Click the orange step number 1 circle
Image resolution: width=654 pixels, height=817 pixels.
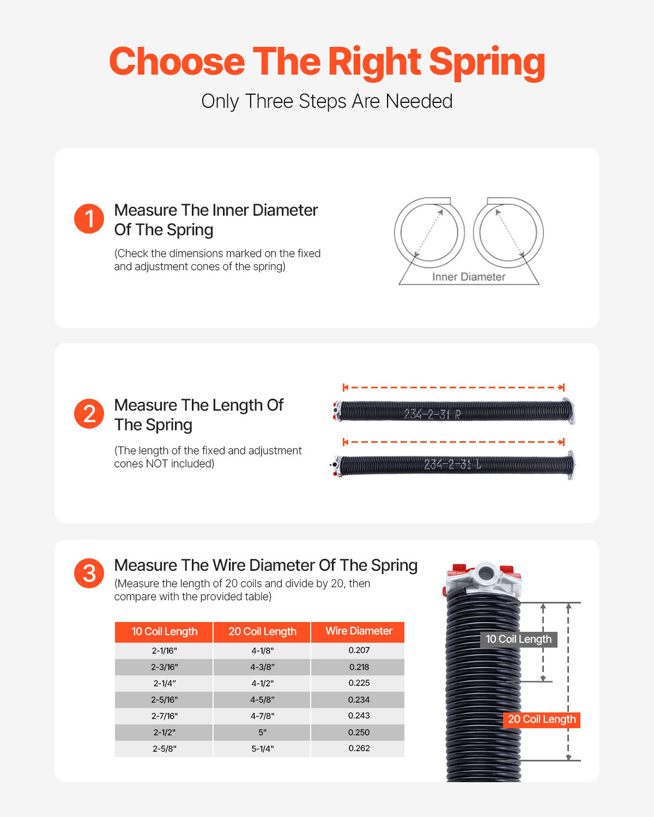(89, 219)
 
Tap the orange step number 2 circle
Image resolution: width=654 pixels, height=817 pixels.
(89, 414)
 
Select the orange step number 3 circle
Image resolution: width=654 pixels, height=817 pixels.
(89, 574)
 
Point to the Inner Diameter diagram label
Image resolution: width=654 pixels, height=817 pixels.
(469, 277)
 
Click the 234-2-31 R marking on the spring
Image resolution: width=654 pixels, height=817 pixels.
(432, 414)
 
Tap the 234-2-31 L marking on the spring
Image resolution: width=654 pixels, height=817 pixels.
(452, 465)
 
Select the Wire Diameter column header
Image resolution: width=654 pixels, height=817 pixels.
(359, 631)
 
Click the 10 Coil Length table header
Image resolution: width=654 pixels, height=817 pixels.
(164, 632)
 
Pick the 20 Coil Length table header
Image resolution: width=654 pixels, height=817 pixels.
(262, 632)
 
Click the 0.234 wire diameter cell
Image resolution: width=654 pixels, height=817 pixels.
(359, 700)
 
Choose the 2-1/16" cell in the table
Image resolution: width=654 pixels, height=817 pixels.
(164, 651)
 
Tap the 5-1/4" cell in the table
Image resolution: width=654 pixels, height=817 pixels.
(262, 749)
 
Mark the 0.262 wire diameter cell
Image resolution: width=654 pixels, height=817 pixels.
(359, 748)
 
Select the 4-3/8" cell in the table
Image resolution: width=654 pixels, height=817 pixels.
(262, 667)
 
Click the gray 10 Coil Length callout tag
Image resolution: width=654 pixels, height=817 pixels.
(518, 639)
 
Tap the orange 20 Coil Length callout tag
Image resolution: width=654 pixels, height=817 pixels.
(541, 720)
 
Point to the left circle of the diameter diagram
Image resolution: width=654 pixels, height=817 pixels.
(429, 233)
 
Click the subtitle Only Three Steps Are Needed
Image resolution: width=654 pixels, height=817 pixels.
(327, 101)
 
